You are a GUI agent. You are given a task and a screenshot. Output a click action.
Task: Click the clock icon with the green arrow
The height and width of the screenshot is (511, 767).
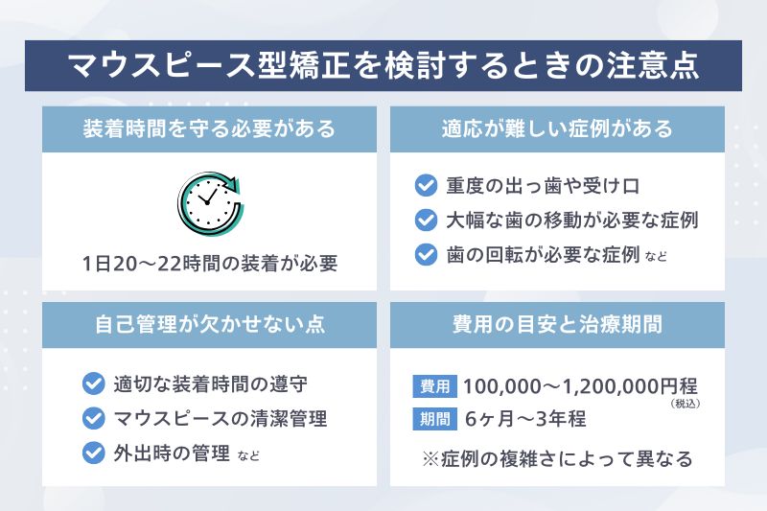(x=210, y=202)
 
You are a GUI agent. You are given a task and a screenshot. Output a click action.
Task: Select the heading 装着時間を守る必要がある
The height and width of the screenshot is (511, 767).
(x=210, y=128)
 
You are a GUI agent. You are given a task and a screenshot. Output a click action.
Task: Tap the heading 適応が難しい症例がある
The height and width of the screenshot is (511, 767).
(x=557, y=128)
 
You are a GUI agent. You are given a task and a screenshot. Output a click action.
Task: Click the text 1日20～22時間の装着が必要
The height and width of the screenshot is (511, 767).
(x=210, y=263)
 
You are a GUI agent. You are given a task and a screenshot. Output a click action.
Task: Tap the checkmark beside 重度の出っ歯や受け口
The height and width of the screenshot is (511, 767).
(x=426, y=185)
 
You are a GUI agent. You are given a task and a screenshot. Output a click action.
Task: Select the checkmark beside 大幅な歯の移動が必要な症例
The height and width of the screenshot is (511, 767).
(x=426, y=220)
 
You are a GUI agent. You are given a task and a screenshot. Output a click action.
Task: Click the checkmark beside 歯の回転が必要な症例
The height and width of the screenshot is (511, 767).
(x=426, y=254)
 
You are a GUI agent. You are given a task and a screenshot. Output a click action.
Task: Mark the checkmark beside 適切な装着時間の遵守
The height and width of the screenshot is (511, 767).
(x=93, y=383)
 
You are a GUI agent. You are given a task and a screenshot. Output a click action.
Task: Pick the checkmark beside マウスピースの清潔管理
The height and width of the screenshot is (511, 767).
(x=93, y=418)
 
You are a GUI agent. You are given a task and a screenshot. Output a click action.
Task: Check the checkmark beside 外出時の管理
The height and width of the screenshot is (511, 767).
(x=93, y=453)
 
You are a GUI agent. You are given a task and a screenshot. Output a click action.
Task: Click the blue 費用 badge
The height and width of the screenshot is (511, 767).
(x=434, y=385)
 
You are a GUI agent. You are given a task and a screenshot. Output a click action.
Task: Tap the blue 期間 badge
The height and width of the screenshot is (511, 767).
(x=434, y=419)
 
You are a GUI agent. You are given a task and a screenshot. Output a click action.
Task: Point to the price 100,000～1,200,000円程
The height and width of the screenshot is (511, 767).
(x=579, y=386)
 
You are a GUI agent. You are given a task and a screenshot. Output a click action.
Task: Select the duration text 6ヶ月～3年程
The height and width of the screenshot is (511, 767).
(x=525, y=419)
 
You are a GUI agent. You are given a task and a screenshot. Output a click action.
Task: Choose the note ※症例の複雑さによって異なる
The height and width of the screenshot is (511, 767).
(x=557, y=458)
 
